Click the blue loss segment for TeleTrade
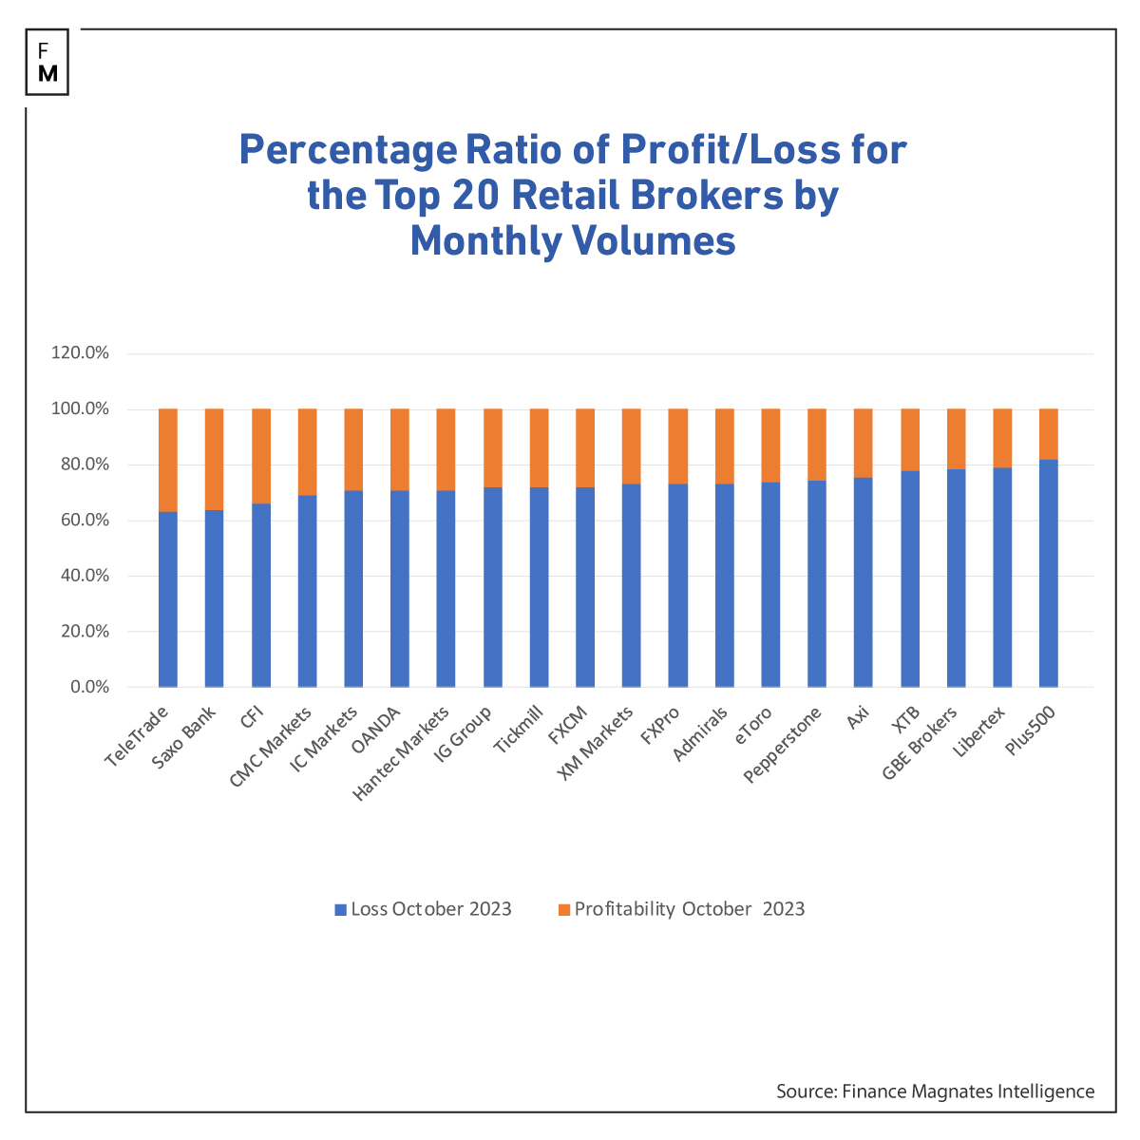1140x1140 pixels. [168, 598]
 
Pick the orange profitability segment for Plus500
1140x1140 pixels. [1049, 434]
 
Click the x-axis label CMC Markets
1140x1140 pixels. [273, 747]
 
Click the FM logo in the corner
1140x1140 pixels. [47, 62]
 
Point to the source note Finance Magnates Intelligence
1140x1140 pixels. [935, 1092]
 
